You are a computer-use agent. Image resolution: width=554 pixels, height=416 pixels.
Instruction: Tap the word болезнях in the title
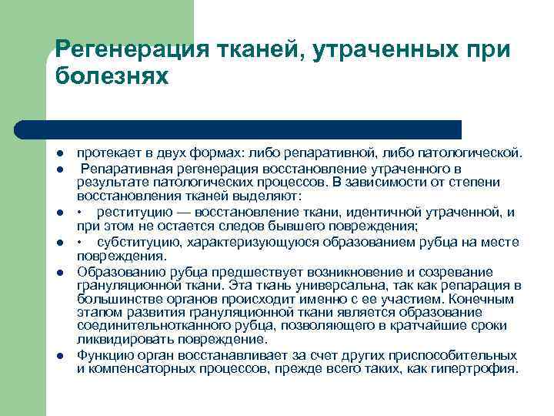111,77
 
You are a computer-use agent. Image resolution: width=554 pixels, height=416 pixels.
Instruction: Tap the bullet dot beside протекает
61,153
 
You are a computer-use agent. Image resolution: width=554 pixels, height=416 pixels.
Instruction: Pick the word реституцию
135,212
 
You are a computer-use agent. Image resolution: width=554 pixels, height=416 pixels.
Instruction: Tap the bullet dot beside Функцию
61,356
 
